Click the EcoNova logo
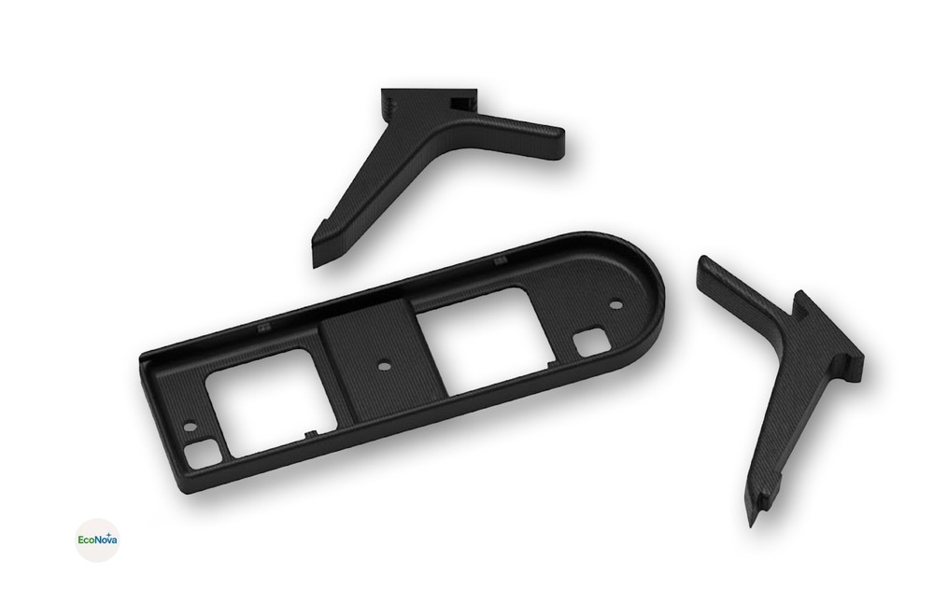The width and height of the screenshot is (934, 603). (96, 540)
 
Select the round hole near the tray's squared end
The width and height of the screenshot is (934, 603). (191, 425)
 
